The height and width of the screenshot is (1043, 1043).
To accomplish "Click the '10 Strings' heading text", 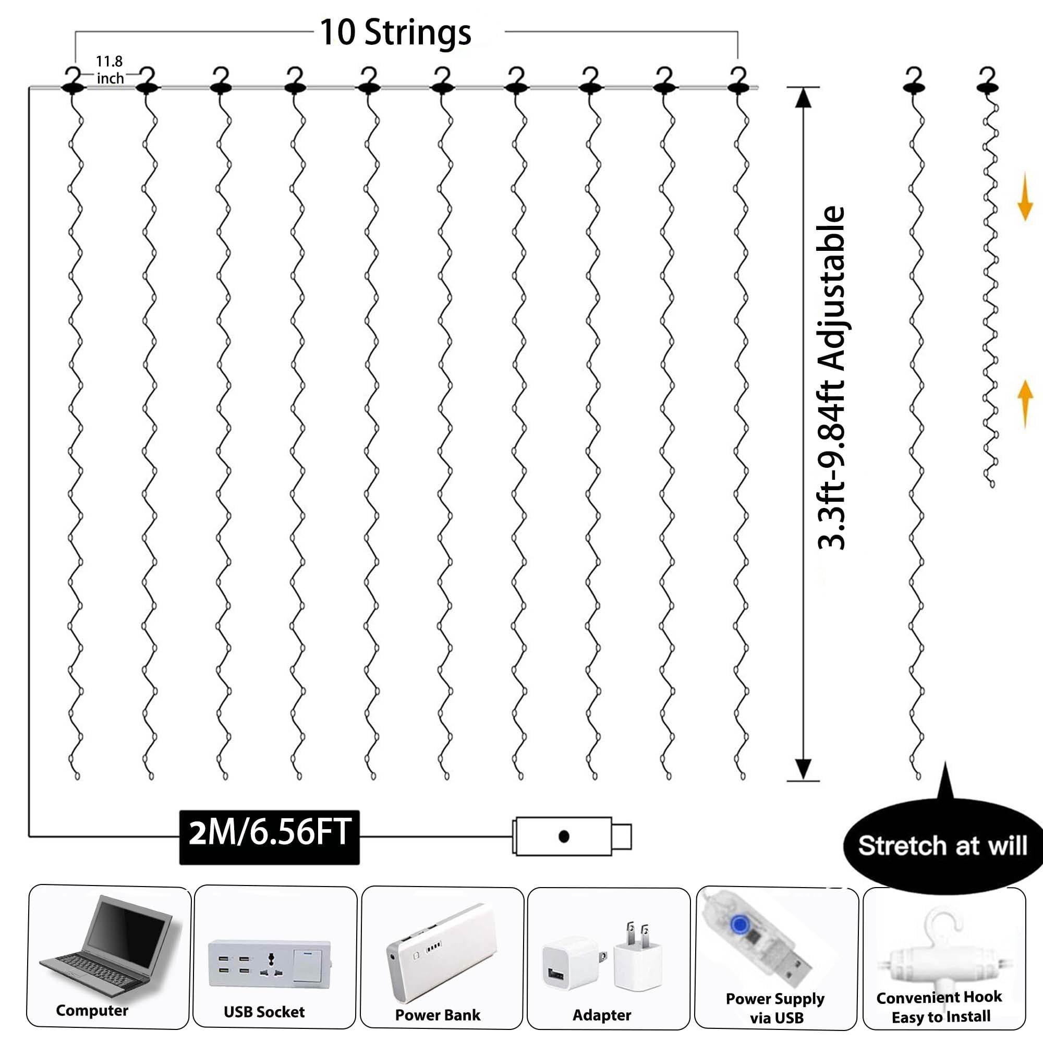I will [x=395, y=32].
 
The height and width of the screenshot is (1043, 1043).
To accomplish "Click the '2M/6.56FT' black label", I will [x=270, y=832].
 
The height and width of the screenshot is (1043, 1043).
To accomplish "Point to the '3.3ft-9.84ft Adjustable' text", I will [x=831, y=378].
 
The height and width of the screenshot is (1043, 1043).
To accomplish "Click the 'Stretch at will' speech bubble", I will [x=942, y=845].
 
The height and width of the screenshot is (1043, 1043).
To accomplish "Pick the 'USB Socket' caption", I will [x=264, y=1012].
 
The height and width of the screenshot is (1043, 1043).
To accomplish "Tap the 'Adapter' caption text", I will [x=601, y=1015].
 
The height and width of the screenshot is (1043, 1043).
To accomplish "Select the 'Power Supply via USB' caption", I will [x=775, y=1008].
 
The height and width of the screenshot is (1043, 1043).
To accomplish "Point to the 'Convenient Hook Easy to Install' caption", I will [x=939, y=1007].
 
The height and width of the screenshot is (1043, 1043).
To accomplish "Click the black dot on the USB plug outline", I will [x=564, y=837].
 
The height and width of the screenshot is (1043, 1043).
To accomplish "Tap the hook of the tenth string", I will [x=738, y=81].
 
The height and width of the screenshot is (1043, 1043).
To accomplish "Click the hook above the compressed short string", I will [x=987, y=81].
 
